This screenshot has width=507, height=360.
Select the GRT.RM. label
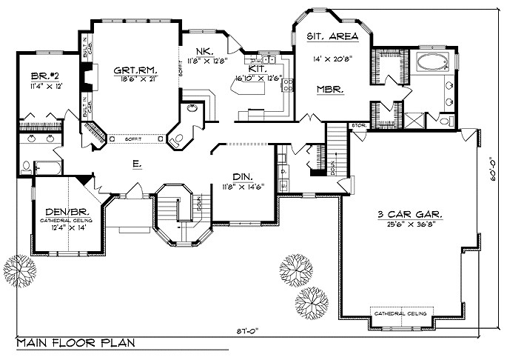(x=134, y=70)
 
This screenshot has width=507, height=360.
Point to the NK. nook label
(x=205, y=51)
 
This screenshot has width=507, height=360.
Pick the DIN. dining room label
(x=241, y=177)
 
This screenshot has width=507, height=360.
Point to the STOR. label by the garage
(x=358, y=126)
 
